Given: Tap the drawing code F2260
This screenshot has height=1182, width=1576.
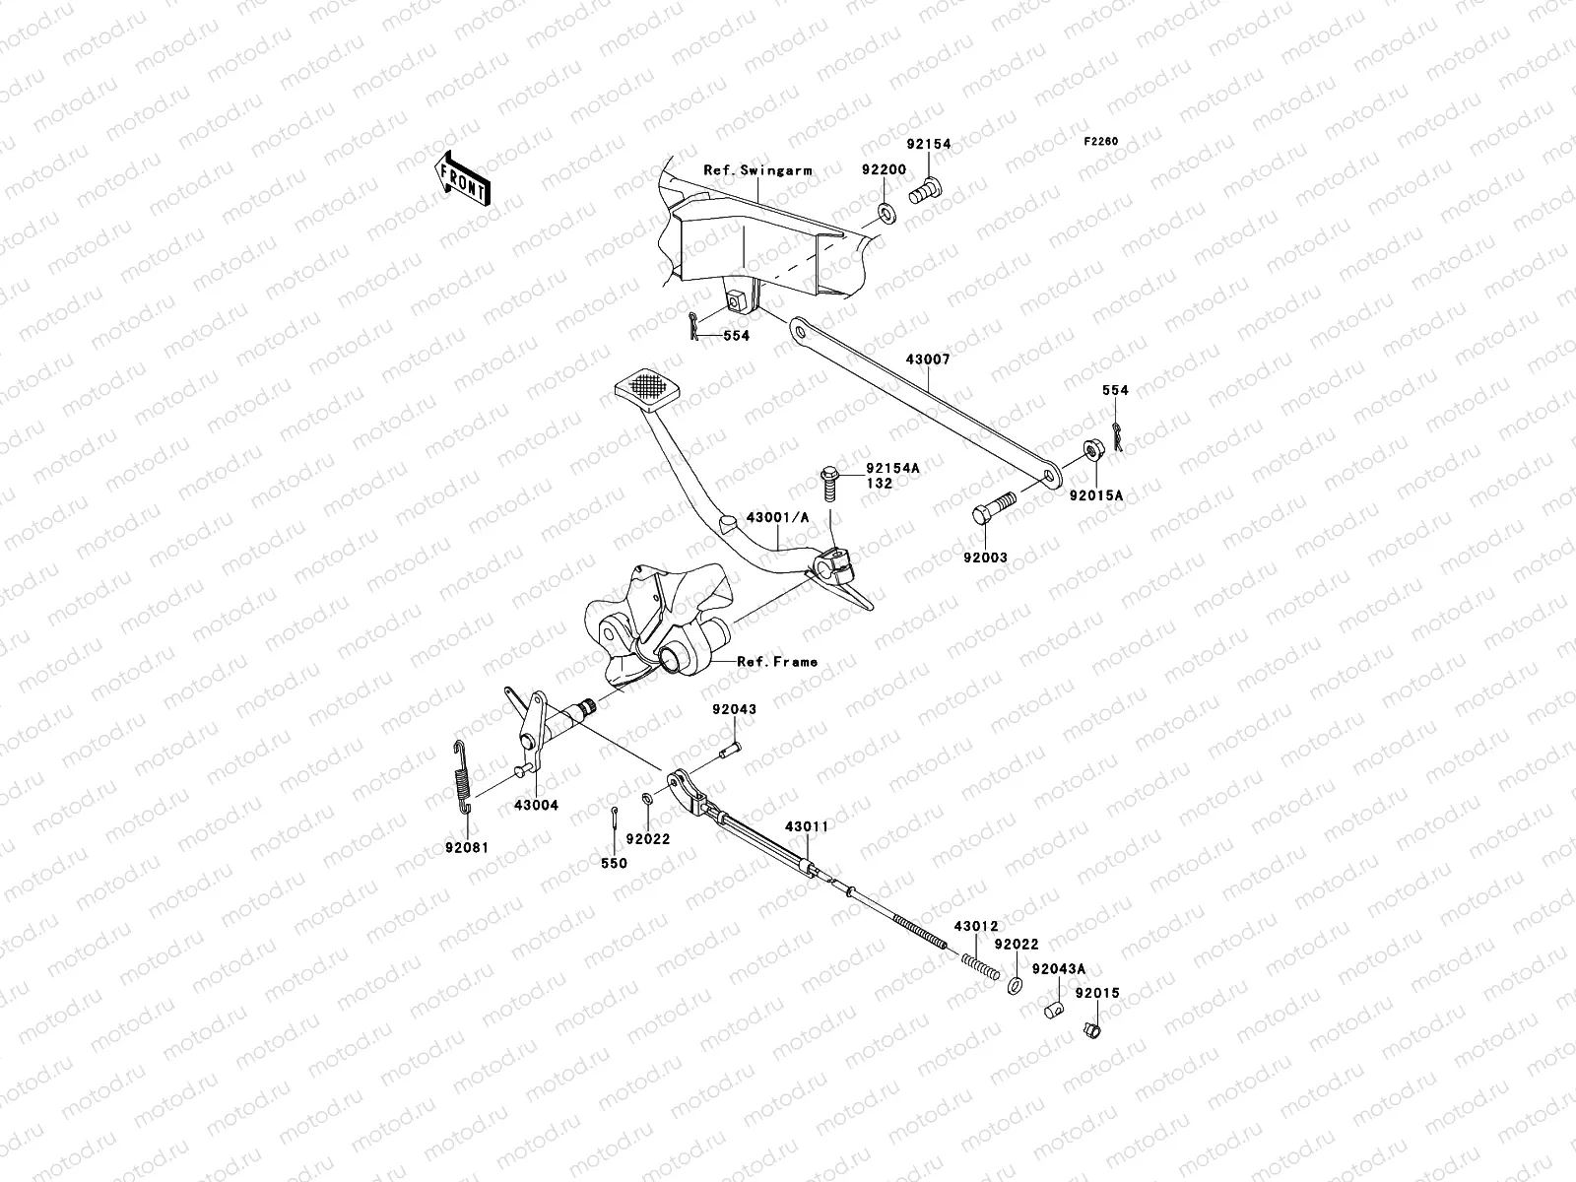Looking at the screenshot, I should tap(1101, 142).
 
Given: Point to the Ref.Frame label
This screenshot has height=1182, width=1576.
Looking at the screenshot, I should tap(777, 662).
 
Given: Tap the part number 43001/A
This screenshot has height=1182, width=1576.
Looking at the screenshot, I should tap(777, 517).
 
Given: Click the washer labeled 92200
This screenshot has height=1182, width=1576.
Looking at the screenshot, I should tap(886, 212).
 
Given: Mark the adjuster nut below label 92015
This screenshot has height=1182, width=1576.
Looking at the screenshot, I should tap(1090, 1030).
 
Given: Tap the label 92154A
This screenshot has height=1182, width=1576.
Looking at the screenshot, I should tap(892, 469).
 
